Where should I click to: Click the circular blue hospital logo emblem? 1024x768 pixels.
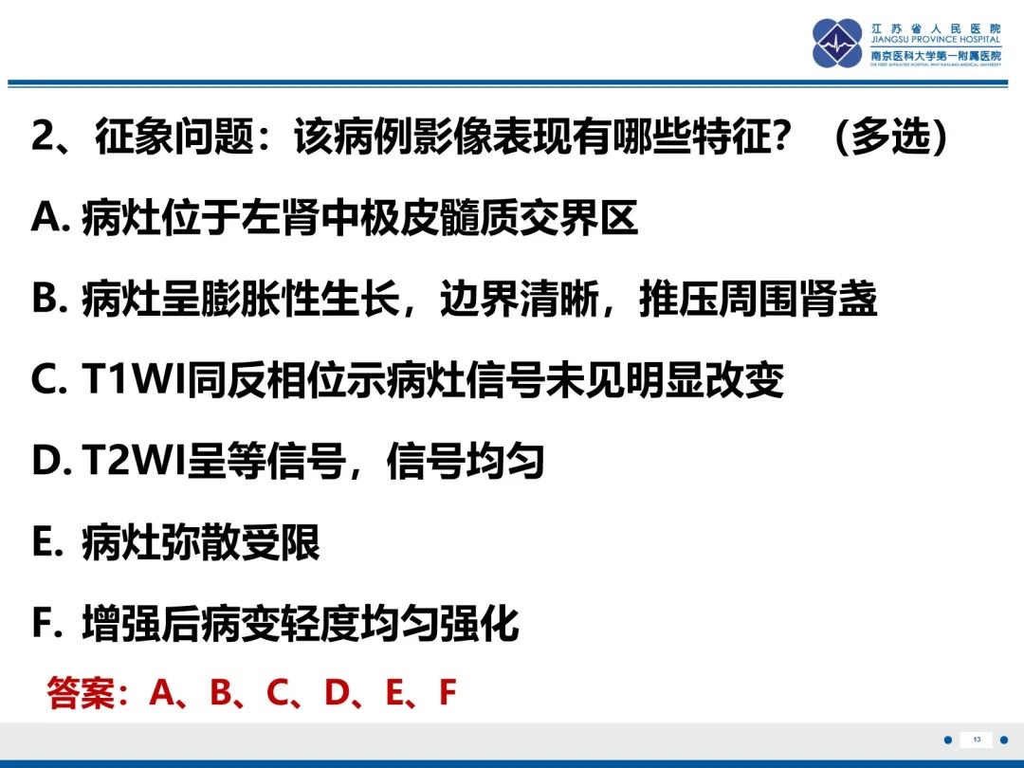click(837, 43)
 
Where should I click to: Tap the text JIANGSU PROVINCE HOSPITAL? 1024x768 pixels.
click(935, 40)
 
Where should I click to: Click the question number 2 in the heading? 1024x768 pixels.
click(43, 137)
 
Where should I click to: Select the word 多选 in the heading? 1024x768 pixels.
click(890, 137)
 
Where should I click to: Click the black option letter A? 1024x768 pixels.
click(45, 217)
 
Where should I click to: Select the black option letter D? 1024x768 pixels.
click(45, 461)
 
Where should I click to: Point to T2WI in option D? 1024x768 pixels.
click(134, 461)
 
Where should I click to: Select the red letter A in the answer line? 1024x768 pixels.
click(163, 692)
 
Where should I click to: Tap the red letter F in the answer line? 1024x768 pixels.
click(448, 692)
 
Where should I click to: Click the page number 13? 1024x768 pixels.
click(977, 740)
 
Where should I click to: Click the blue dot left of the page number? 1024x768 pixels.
click(948, 740)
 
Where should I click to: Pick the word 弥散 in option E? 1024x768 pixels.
click(200, 542)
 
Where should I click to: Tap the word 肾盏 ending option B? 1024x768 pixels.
click(838, 299)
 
